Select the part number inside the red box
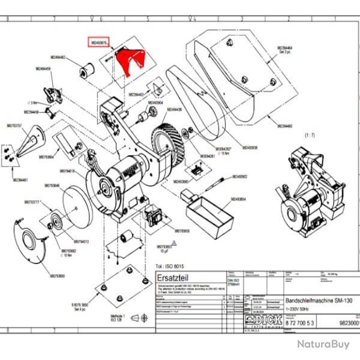pyautogui.click(x=99, y=43)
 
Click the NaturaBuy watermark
pyautogui.click(x=322, y=344)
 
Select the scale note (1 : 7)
pyautogui.click(x=310, y=136)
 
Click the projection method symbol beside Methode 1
pyautogui.click(x=143, y=316)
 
